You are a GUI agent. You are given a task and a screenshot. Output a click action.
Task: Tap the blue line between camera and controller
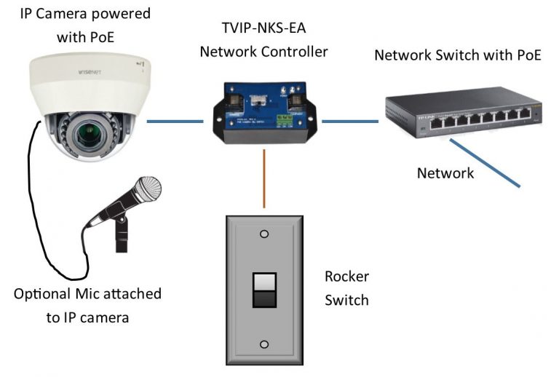(175, 121)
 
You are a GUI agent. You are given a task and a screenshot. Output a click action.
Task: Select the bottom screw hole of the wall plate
(263, 344)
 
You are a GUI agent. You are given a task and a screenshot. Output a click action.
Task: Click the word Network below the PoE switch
(445, 173)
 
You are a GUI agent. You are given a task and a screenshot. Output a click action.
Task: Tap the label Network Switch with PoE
(457, 55)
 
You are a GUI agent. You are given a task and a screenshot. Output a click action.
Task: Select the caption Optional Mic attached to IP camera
(88, 306)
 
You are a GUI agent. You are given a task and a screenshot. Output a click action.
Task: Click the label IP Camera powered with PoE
(84, 25)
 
